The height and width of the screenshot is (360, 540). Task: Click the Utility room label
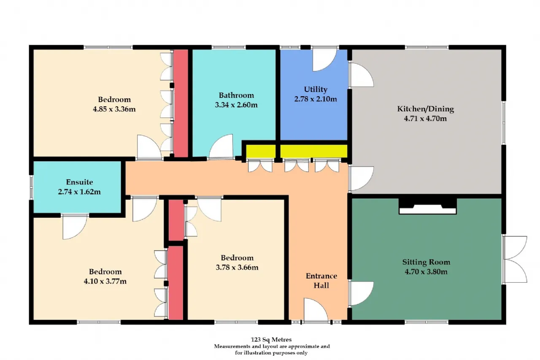pos(316,89)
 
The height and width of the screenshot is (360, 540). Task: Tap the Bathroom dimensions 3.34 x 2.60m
pos(236,105)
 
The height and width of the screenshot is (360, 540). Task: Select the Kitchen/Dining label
pos(426,109)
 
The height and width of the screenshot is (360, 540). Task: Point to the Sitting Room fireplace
pos(428,206)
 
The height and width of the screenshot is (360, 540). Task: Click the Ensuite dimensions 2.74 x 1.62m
pos(79,192)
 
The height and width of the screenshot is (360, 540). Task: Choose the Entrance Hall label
pos(321,281)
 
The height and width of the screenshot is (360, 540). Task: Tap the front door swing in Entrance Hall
pos(316,310)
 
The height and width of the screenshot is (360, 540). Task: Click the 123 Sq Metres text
pos(271,339)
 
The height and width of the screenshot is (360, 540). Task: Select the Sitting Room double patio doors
pos(515,260)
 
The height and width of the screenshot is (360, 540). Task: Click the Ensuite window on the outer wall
pos(31,187)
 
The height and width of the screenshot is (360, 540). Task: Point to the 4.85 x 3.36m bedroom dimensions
pos(114,109)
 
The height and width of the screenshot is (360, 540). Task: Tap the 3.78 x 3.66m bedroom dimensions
pos(237,268)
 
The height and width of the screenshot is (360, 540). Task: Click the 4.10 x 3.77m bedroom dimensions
pos(105,282)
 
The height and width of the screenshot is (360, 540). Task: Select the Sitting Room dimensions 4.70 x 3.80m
pos(426,272)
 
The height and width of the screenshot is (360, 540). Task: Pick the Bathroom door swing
pos(221,146)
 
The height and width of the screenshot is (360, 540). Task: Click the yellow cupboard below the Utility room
pos(313,151)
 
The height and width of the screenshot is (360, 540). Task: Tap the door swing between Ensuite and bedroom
pos(75,227)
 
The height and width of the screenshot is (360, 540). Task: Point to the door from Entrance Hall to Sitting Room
pos(361,293)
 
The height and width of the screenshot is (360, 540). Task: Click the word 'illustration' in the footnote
pos(257,353)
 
